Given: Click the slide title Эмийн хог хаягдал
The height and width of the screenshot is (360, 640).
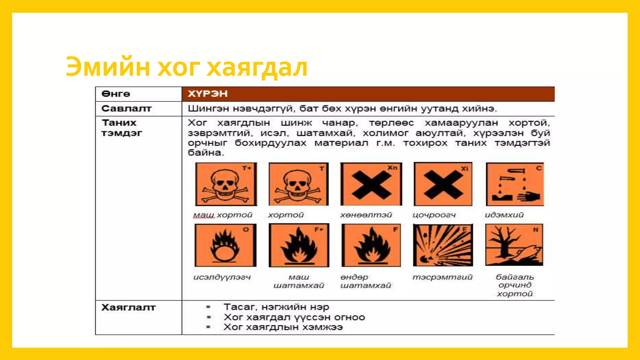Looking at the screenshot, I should click(x=187, y=67).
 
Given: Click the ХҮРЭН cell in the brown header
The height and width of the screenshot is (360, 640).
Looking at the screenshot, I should click(x=207, y=94).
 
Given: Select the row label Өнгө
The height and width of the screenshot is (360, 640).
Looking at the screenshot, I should click(x=116, y=94).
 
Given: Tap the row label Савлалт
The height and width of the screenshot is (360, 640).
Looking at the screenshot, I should click(x=126, y=108).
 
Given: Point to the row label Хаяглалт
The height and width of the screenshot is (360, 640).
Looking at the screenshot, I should click(x=128, y=307).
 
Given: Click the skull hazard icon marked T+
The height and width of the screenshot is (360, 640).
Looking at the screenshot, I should click(x=226, y=184).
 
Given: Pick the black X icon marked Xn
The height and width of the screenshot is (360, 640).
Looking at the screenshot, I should click(x=371, y=184).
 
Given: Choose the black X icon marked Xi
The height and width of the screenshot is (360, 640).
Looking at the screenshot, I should click(x=443, y=184).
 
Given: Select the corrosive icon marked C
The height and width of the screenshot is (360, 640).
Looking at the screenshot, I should click(x=515, y=184).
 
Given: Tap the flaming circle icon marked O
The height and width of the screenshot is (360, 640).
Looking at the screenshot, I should click(x=225, y=245).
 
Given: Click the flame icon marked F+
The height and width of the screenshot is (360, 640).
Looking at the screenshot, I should click(x=299, y=245).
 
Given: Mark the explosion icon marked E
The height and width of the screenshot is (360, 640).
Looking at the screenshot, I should click(x=443, y=245).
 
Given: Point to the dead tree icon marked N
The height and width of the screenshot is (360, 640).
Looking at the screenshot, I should click(x=514, y=245).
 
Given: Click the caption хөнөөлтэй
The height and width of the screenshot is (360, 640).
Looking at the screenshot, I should click(x=366, y=215).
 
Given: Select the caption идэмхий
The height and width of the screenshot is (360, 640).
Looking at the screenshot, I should click(x=504, y=215).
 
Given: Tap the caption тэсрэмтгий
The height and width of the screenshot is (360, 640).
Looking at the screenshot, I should click(x=442, y=277).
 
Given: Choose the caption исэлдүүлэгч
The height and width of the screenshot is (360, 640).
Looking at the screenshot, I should click(x=222, y=277).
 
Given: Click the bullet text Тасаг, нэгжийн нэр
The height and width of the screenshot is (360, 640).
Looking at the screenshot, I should click(x=276, y=307).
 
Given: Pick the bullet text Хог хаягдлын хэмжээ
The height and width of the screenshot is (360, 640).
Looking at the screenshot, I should click(x=283, y=327).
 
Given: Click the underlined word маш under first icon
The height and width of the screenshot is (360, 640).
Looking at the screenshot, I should click(x=203, y=215).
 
